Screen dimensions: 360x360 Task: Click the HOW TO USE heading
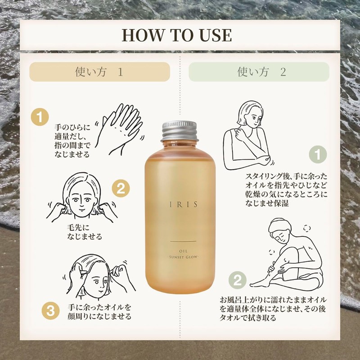176,35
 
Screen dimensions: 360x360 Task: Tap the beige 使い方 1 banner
99,72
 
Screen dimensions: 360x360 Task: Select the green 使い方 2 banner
259,72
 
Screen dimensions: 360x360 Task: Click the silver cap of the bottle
180,131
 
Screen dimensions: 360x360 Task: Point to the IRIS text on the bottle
184,205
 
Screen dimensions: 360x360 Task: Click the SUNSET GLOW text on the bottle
183,257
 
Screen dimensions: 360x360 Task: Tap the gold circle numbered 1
40,117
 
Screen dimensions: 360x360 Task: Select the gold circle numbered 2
121,188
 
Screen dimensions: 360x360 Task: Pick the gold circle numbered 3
50,310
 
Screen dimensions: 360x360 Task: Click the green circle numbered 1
318,154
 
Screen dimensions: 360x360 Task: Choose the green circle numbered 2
238,280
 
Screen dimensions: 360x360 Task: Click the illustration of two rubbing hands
120,130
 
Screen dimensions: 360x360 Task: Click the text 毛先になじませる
84,232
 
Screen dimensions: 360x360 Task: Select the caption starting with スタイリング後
286,190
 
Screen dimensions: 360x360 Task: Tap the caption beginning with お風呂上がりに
273,309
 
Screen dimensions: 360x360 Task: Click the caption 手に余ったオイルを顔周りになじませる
99,312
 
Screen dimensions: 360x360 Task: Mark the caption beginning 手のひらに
72,141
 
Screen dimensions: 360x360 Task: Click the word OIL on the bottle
183,251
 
